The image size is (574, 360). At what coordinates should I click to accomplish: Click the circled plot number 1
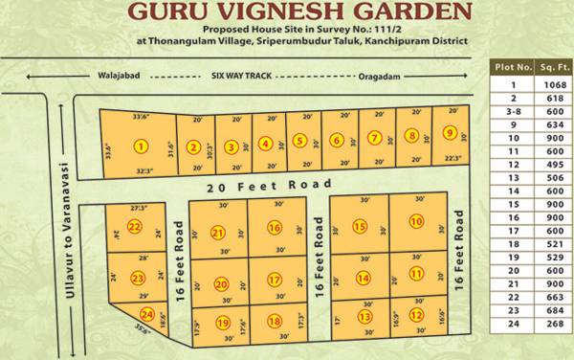click(142, 146)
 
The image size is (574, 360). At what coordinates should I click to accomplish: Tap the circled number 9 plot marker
click(449, 135)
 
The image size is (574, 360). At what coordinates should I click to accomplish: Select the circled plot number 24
click(147, 315)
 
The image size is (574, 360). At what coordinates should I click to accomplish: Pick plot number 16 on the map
click(275, 228)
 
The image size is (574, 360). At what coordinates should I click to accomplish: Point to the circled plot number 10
click(416, 221)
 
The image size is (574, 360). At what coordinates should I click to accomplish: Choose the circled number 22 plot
click(135, 227)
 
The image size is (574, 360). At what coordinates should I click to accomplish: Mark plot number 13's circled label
click(364, 317)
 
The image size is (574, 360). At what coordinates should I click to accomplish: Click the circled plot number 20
click(221, 284)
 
